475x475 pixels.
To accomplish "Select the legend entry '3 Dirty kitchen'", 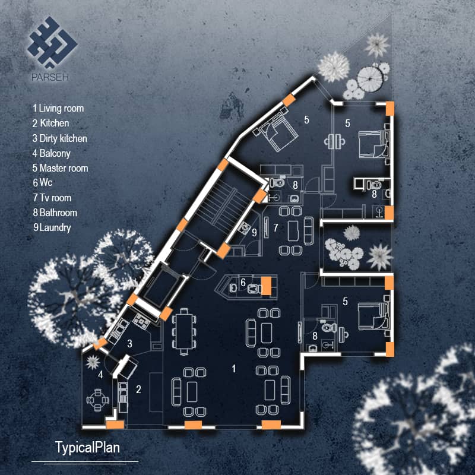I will [x=60, y=138].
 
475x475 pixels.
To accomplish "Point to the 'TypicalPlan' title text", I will [x=87, y=447].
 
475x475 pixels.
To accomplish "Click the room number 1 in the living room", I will [x=234, y=369].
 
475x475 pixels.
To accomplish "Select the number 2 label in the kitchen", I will [x=139, y=389].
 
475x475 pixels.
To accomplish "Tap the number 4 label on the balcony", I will [x=101, y=375].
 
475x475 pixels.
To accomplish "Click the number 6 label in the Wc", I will [x=243, y=282].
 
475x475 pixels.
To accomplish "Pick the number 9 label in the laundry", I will [x=254, y=233].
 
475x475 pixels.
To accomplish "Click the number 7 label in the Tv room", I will [x=275, y=227].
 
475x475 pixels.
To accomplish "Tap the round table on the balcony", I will [x=96, y=400].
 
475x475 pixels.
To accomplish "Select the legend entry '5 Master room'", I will [x=60, y=168].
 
